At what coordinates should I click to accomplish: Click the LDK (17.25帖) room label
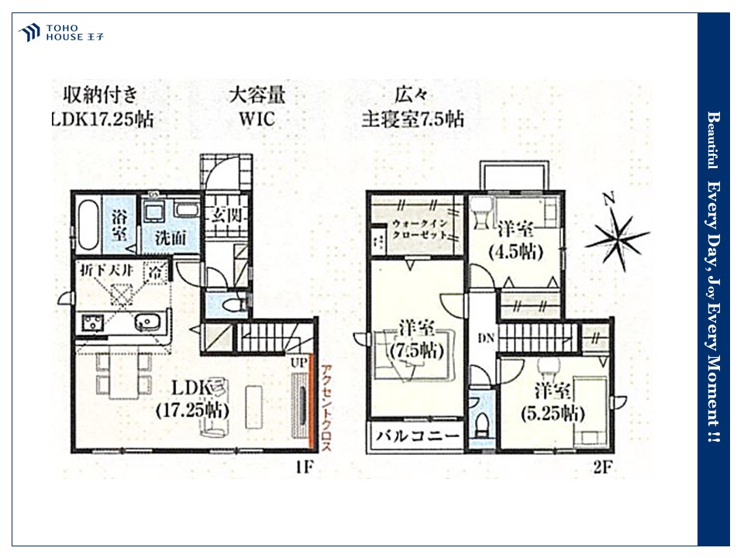click(192, 398)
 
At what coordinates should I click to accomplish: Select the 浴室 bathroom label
click(120, 226)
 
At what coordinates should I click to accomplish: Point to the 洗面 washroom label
click(167, 239)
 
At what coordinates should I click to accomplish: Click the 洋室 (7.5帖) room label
click(415, 339)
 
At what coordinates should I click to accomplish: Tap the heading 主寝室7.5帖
click(412, 119)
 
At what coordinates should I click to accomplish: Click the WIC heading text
click(257, 119)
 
